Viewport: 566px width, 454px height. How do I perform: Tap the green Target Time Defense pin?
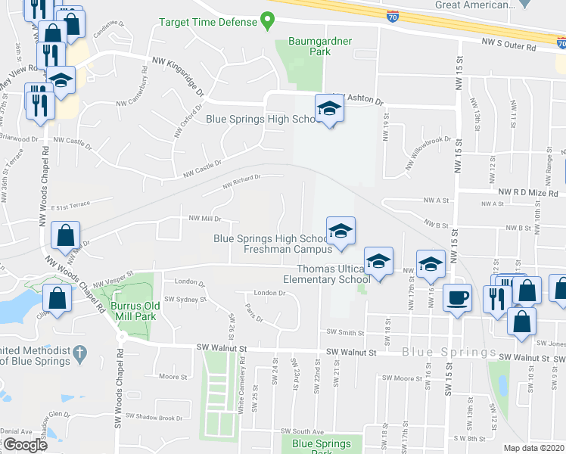(266, 20)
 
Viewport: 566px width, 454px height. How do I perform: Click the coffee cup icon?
(457, 297)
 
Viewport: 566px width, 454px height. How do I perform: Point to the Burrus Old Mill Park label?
(136, 310)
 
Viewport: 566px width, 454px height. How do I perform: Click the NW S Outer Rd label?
(508, 46)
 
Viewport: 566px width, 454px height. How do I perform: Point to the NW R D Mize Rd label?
(527, 193)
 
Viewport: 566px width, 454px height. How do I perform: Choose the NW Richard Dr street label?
(241, 182)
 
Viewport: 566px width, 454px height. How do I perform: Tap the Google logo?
(25, 444)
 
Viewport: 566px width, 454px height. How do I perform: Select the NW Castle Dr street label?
(202, 169)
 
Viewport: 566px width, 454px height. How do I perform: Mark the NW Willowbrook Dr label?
(427, 144)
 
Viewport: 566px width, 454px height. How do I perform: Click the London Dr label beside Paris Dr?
(269, 293)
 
